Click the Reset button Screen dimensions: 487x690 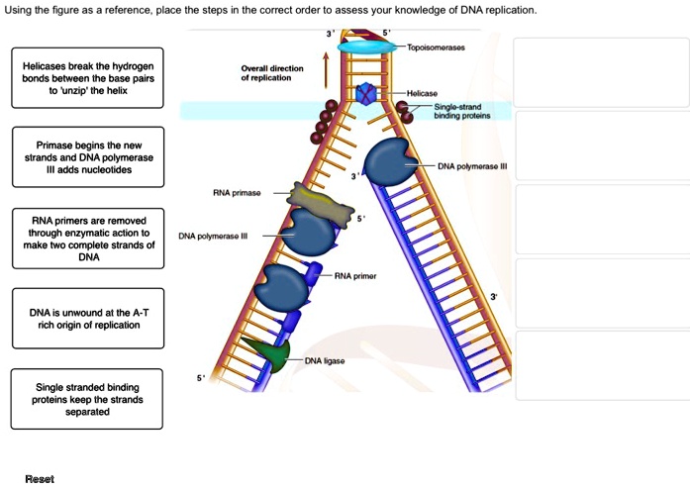(x=40, y=478)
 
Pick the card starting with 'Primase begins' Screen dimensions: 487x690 (x=87, y=156)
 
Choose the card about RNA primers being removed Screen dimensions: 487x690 (x=87, y=239)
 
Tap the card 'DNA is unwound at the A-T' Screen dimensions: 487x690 (x=87, y=318)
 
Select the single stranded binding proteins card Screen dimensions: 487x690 (x=87, y=399)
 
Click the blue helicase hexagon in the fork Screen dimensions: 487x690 (x=367, y=94)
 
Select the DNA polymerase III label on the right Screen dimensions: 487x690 (x=471, y=165)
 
